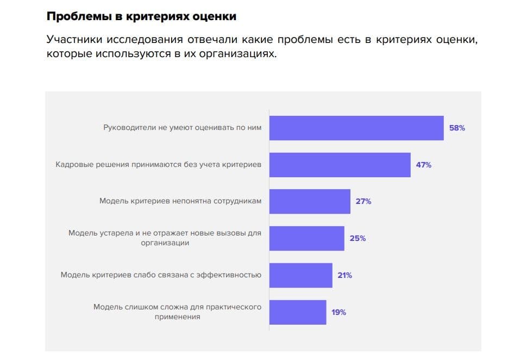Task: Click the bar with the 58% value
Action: click(356, 128)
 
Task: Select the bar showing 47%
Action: click(340, 165)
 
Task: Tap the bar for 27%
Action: click(310, 201)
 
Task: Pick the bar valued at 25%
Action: click(306, 238)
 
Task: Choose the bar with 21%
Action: click(300, 275)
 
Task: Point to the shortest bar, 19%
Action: click(298, 312)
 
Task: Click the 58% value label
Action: click(457, 128)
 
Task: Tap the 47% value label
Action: click(424, 165)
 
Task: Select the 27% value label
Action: click(363, 201)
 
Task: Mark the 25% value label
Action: click(357, 238)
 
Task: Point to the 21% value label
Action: click(344, 275)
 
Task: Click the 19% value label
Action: click(339, 312)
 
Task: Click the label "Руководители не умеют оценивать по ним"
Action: click(182, 128)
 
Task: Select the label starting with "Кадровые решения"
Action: click(158, 164)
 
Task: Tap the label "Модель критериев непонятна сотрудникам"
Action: click(180, 201)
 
